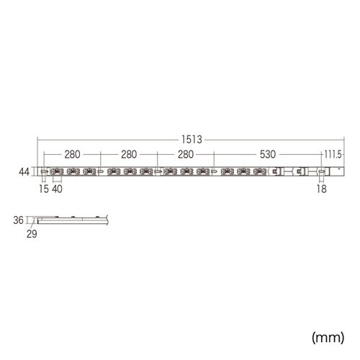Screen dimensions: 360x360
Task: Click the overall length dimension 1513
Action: coord(192,141)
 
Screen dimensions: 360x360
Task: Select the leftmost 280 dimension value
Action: coord(72,155)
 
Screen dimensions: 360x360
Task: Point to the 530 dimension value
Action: coord(261,155)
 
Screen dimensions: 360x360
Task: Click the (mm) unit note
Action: coord(328,336)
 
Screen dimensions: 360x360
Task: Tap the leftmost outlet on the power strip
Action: coord(55,171)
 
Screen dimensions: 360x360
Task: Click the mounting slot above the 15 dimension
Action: coord(43,171)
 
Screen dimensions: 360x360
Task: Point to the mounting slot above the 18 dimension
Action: coord(319,171)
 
